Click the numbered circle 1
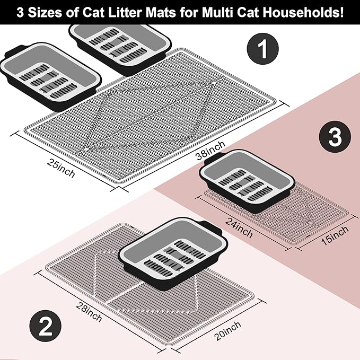click(262, 49)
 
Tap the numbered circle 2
click(45, 326)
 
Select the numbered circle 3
click(335, 137)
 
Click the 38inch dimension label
click(210, 150)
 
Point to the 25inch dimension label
click(61, 168)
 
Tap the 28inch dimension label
click(89, 312)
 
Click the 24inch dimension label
click(239, 227)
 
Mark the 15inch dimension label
click(335, 235)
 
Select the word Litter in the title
click(126, 12)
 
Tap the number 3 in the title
click(20, 12)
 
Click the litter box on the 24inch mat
click(247, 181)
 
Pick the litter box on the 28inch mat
click(173, 254)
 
